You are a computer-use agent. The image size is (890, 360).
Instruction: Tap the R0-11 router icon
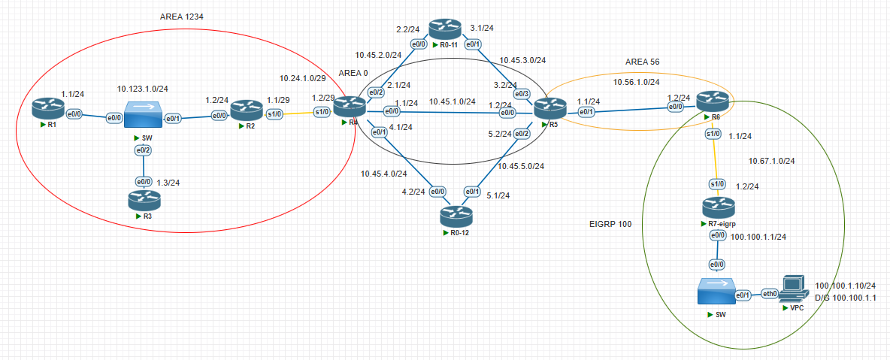[x=443, y=29]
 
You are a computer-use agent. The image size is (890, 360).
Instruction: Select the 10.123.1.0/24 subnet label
[x=142, y=88]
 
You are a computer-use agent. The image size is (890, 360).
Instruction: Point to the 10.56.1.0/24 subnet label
[x=637, y=82]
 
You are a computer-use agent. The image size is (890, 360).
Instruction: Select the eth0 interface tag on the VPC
[x=770, y=294]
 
